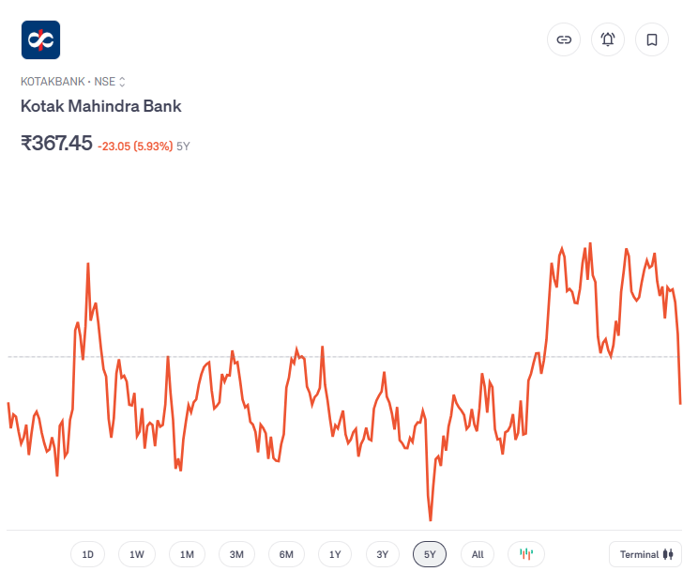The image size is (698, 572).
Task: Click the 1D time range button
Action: [x=88, y=554]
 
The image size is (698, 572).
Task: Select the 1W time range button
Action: [x=137, y=554]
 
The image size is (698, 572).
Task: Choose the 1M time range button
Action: [x=187, y=554]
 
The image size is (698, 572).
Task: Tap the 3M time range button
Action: [x=236, y=554]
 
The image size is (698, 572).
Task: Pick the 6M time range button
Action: [x=286, y=554]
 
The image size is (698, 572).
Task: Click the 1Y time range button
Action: [x=335, y=554]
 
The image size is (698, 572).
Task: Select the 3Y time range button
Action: [x=382, y=554]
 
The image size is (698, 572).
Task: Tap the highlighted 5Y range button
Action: [x=430, y=554]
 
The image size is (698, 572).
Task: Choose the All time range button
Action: [x=478, y=554]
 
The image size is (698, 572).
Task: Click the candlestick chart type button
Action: [x=526, y=554]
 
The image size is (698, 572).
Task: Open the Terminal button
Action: [x=645, y=554]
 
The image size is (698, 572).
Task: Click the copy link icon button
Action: [x=564, y=39]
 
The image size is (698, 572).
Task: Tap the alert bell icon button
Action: [x=608, y=39]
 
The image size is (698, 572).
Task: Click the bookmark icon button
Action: [x=652, y=39]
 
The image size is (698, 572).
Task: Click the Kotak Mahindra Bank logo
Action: [x=40, y=39]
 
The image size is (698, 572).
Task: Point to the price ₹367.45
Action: [x=56, y=144]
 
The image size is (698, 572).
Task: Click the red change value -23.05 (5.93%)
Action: [x=134, y=146]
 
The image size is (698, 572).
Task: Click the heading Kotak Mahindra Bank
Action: [x=101, y=106]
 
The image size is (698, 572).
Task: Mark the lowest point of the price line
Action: [x=431, y=519]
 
